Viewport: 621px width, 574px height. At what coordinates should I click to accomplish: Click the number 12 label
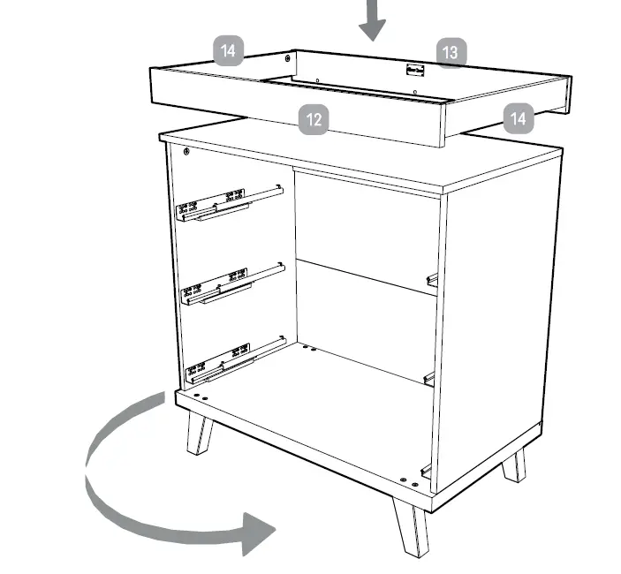pos(314,119)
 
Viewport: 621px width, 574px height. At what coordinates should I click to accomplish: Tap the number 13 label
pos(450,52)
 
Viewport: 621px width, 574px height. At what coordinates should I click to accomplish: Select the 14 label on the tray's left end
pos(229,50)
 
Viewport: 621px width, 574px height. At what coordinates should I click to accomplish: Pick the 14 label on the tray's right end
pos(519,117)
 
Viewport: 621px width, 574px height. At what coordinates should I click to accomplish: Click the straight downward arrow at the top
pos(373,20)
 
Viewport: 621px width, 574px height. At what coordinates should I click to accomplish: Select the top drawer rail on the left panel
pos(230,202)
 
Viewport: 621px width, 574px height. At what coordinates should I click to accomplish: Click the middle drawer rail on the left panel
pos(231,283)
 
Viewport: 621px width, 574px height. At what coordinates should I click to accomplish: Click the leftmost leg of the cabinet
pos(199,433)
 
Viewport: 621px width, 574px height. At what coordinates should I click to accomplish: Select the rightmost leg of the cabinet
pos(514,464)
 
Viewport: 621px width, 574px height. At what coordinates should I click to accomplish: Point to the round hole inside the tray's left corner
pos(287,58)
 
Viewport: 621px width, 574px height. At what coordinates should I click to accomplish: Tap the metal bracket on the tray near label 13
pos(414,70)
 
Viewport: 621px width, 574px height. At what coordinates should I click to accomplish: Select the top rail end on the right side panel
pos(432,280)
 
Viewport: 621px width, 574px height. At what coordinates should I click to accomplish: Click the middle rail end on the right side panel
pos(429,377)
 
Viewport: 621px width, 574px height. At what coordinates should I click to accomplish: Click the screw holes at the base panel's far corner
pos(308,348)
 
